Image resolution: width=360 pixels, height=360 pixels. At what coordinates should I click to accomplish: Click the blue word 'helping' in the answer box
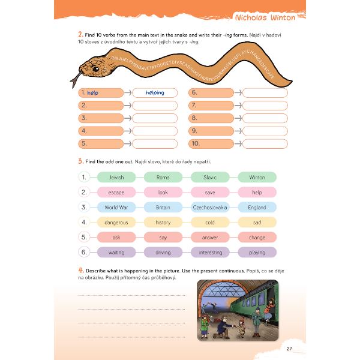tap(154, 93)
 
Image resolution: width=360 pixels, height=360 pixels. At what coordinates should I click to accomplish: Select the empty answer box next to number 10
tap(265, 143)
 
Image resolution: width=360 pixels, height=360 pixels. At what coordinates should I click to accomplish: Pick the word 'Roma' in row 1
tap(163, 177)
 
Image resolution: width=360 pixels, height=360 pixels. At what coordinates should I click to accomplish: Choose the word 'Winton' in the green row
tap(257, 177)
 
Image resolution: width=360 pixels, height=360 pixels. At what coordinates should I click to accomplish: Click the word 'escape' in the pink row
tap(116, 193)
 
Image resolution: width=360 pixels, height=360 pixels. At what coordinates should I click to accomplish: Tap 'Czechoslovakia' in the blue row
tap(210, 208)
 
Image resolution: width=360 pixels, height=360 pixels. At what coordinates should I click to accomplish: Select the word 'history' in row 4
tap(163, 223)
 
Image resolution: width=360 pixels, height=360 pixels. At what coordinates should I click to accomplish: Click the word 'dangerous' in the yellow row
tap(116, 223)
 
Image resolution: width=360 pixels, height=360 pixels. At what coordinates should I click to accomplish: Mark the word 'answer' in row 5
tap(210, 238)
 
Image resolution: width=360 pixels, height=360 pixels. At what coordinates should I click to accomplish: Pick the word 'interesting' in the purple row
tap(210, 253)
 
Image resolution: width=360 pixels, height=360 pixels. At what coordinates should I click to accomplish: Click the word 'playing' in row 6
tap(257, 253)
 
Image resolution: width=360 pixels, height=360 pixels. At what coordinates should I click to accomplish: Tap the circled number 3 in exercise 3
tap(85, 208)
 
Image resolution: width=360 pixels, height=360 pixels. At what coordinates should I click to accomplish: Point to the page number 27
tap(289, 349)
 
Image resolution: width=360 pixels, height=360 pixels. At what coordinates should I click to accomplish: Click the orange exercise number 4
tap(80, 270)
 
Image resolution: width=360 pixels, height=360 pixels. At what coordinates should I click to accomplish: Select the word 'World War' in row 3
tap(116, 208)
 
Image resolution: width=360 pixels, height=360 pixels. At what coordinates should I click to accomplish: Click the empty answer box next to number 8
tap(265, 118)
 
